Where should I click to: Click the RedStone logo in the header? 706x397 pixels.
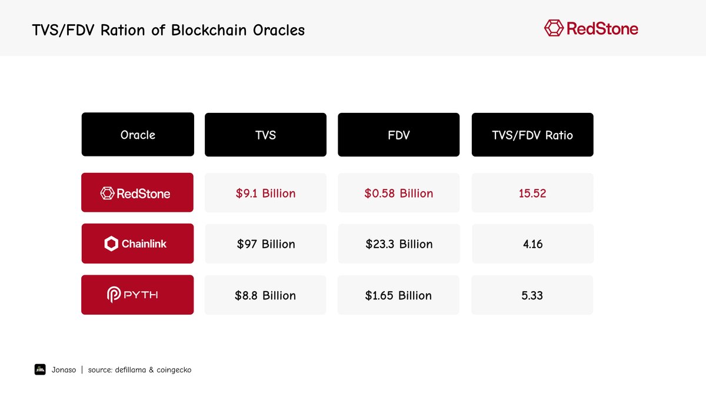pos(591,28)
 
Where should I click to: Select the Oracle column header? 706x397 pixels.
pos(138,135)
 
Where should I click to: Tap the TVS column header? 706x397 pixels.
pos(265,135)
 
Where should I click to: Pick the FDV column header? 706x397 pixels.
pos(398,135)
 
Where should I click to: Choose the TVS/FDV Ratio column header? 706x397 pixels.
pos(532,135)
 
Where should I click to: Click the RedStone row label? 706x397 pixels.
pos(137,192)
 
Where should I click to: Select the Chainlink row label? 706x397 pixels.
pos(137,243)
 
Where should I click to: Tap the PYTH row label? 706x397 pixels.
pos(137,295)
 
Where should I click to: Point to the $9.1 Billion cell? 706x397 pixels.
pos(265,193)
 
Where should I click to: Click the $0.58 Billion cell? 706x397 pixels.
pos(398,193)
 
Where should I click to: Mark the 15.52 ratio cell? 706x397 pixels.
pos(532,193)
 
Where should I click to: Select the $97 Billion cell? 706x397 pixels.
pos(265,243)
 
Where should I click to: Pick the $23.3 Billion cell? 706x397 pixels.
pos(398,243)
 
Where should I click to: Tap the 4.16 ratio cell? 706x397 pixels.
pos(532,243)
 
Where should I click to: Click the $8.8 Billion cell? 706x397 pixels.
pos(265,295)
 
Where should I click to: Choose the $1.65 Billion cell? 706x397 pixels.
pos(398,295)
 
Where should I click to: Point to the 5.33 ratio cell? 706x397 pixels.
pos(532,295)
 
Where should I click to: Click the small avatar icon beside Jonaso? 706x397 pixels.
pos(40,369)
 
